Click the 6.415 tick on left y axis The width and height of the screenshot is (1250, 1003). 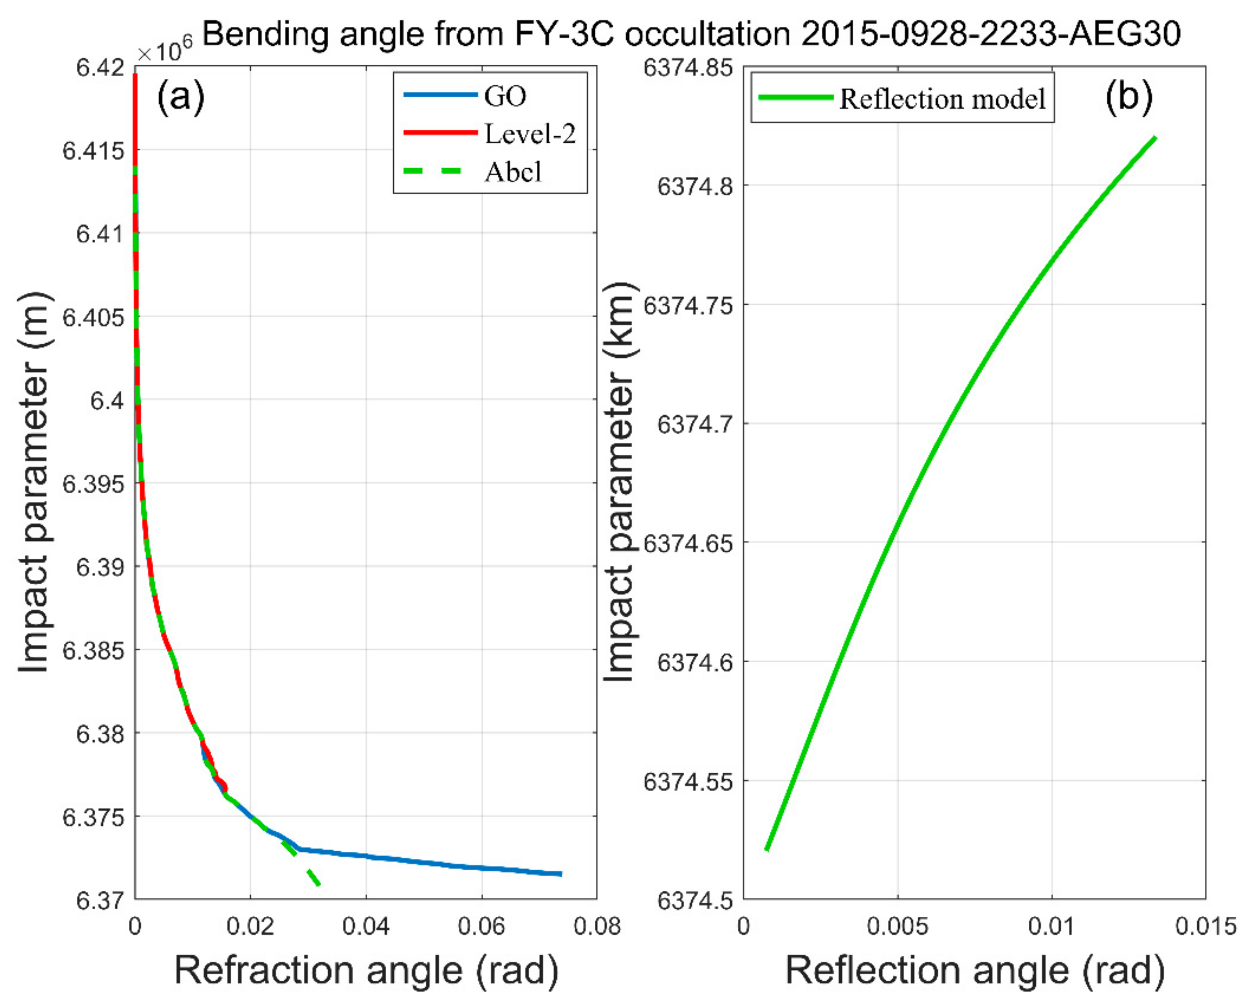[93, 151]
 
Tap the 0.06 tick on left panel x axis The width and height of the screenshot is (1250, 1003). [481, 926]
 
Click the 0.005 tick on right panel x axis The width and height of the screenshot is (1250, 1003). [897, 926]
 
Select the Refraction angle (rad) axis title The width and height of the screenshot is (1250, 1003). [366, 970]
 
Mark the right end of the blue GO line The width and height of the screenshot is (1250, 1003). [561, 874]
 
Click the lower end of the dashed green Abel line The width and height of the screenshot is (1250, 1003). [318, 884]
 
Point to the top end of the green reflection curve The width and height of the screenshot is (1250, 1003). [1156, 138]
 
